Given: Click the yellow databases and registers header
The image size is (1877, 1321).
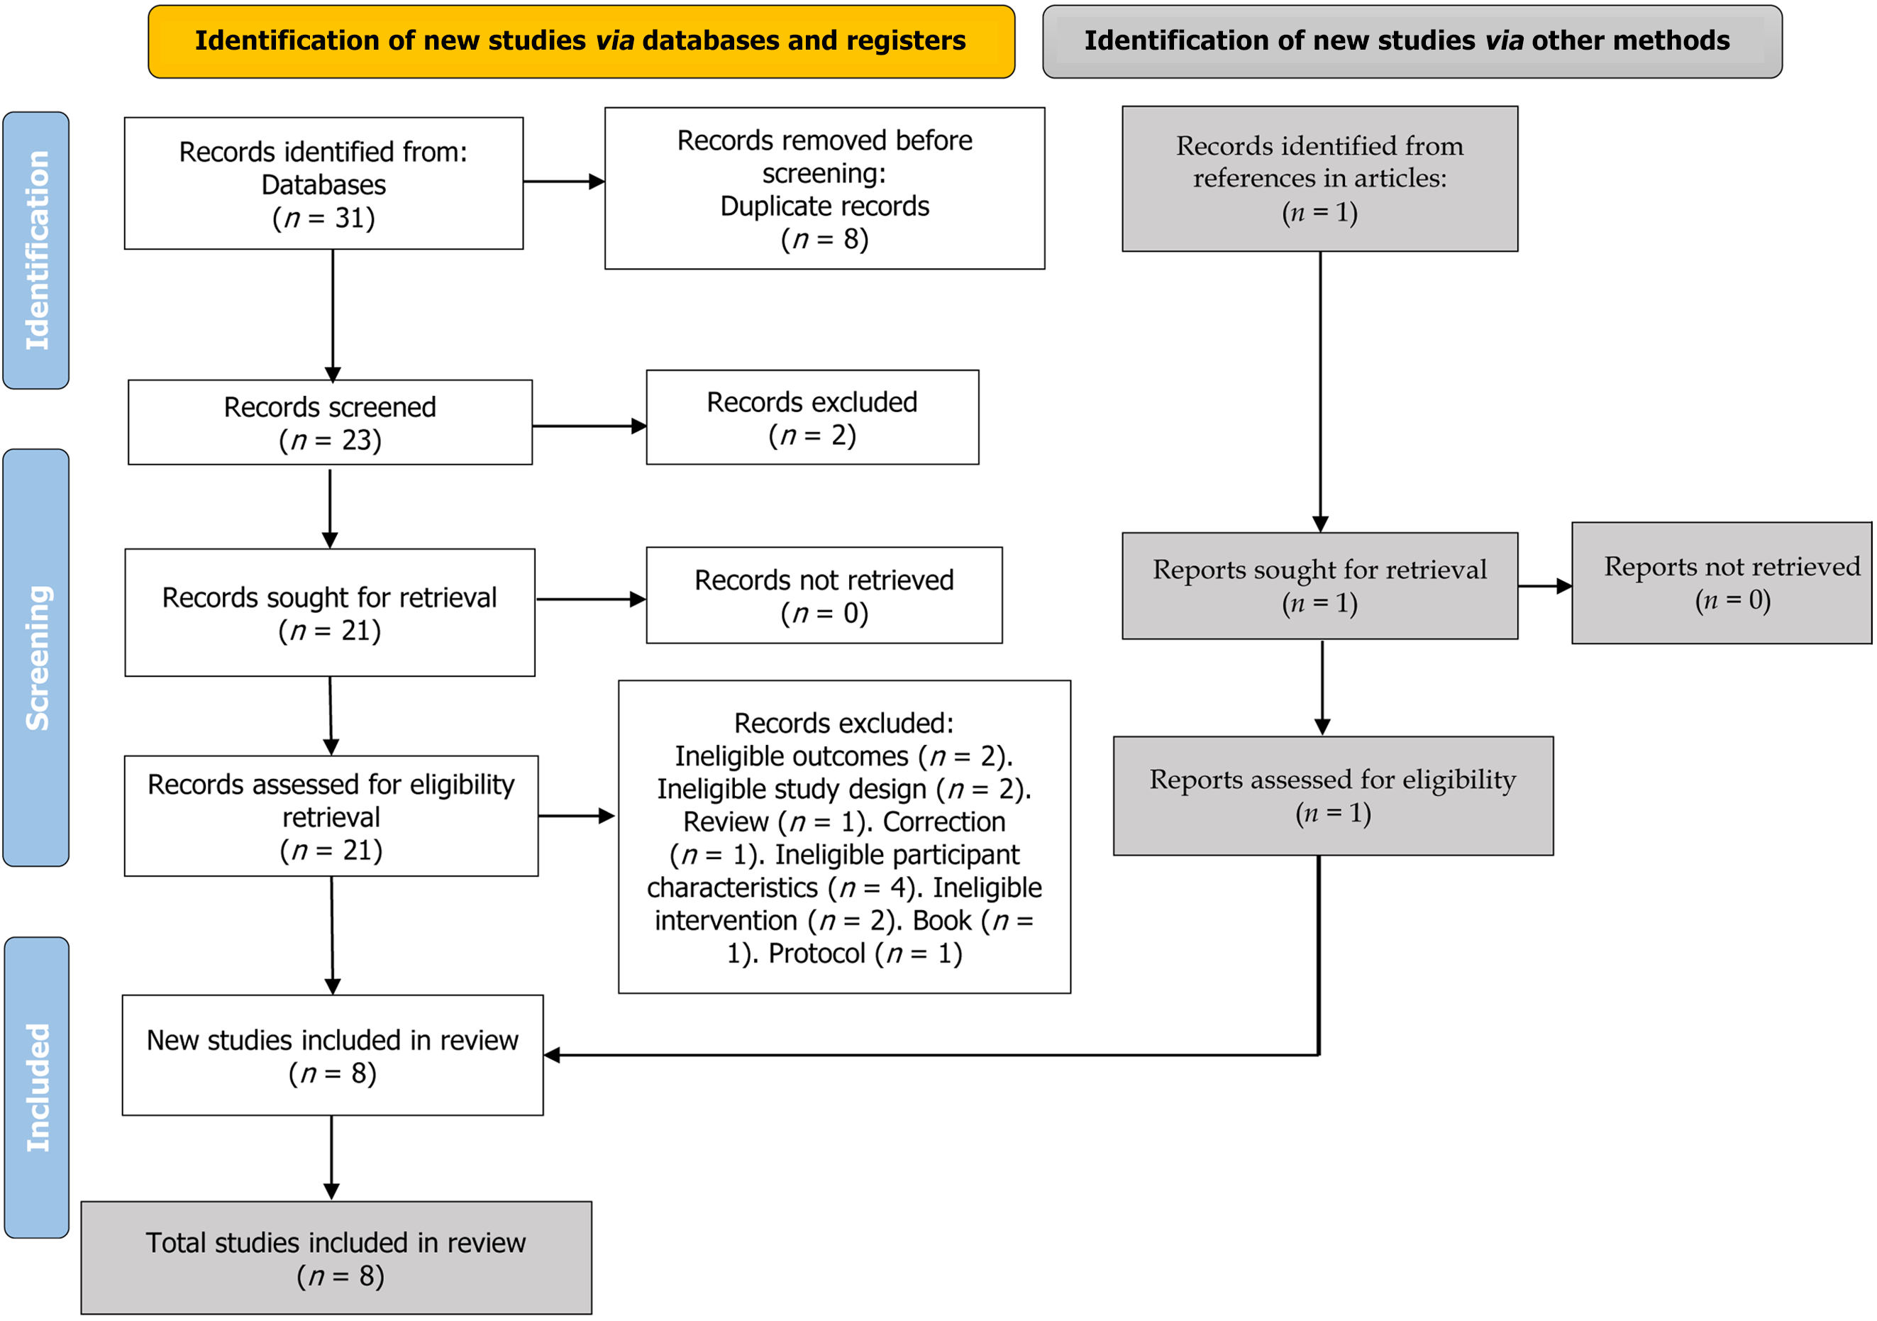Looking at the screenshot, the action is pos(581,42).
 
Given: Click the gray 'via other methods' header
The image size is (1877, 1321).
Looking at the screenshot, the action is pos(1412,42).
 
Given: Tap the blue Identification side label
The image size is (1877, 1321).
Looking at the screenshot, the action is pos(36,250).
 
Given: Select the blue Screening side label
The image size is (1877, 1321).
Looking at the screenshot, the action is pos(36,657).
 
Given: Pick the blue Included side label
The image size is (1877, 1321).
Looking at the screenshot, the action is pos(37,1087).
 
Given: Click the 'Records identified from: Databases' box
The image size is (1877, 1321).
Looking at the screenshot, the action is pos(323,183).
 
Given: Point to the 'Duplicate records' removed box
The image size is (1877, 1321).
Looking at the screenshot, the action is pos(825,188).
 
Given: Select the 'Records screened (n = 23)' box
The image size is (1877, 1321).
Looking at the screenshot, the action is pos(331,423).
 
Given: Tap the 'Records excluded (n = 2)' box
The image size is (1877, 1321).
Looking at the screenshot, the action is pos(813,418).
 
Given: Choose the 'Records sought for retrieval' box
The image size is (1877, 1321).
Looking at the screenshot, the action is pos(331,613).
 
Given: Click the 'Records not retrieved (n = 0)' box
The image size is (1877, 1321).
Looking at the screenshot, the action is pos(824,595).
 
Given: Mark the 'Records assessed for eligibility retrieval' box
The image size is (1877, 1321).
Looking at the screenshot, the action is pos(331,816).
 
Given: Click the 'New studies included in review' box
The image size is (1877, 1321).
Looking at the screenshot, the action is pos(333,1056).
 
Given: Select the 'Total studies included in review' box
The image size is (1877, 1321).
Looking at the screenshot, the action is pos(337,1258).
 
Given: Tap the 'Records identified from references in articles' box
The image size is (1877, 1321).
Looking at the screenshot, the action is pos(1320,179).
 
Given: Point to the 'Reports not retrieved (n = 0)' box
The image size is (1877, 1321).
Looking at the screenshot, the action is pos(1722,583).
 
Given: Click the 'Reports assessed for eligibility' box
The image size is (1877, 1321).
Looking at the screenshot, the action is pos(1334,796).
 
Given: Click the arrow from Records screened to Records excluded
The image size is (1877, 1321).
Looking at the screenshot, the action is pos(589,426).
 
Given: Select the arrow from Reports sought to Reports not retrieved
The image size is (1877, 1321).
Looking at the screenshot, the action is pos(1545,586).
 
